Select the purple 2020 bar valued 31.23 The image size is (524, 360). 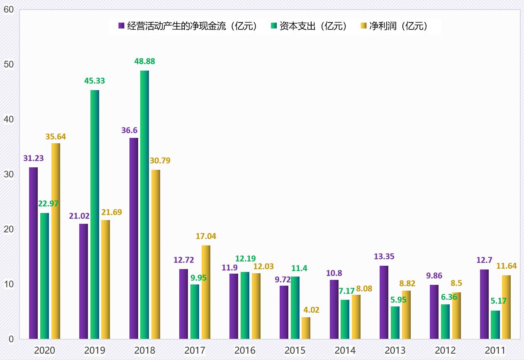pyautogui.click(x=33, y=253)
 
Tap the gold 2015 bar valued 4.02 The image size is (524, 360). pyautogui.click(x=306, y=328)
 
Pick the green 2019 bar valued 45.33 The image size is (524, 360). pyautogui.click(x=95, y=214)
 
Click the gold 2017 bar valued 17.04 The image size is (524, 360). pyautogui.click(x=206, y=292)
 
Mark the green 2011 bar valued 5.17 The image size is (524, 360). pyautogui.click(x=495, y=325)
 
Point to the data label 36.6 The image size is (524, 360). pyautogui.click(x=130, y=130)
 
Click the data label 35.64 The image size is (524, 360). pyautogui.click(x=55, y=136)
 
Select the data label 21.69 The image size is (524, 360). pyautogui.click(x=112, y=212)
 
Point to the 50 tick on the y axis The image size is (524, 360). pyautogui.click(x=9, y=64)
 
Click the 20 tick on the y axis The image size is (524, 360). pyautogui.click(x=9, y=229)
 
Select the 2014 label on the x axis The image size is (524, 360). pyautogui.click(x=345, y=350)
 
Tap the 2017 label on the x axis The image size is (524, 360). pyautogui.click(x=195, y=350)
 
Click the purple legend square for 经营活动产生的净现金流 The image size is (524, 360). pyautogui.click(x=122, y=26)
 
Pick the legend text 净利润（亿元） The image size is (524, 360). pyautogui.click(x=398, y=26)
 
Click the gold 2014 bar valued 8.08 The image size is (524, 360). pyautogui.click(x=356, y=317)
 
